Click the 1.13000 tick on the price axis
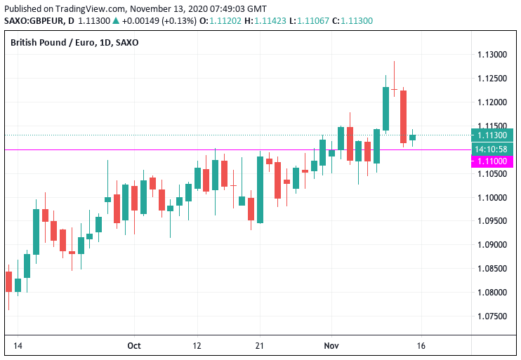coord(492,55)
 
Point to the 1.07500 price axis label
coord(492,316)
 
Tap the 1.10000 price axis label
coord(492,197)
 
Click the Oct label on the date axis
coord(134,345)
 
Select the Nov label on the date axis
coord(331,345)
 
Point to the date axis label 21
coord(260,345)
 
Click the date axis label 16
coord(421,345)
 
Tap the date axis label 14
coord(18,345)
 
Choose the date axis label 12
coord(197,345)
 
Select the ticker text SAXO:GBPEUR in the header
coord(32,21)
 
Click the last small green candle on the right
coord(413,138)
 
